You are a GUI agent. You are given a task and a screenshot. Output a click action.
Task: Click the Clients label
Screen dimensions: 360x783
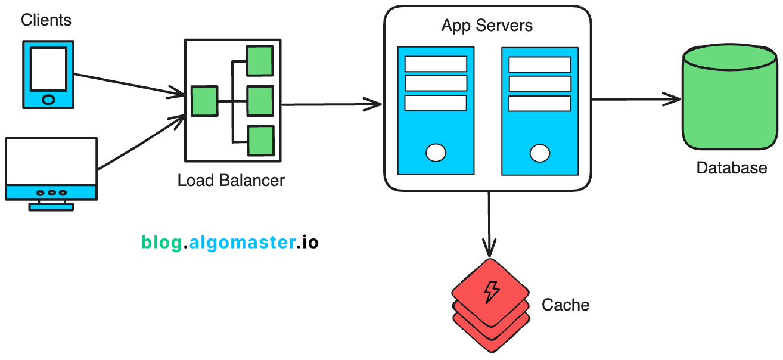coord(46,20)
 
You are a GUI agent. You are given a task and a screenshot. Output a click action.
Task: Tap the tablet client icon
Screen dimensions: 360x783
coord(48,75)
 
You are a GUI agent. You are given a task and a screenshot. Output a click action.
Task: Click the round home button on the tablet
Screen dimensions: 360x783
coord(48,99)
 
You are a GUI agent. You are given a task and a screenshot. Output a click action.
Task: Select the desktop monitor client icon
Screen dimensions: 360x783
coord(51,170)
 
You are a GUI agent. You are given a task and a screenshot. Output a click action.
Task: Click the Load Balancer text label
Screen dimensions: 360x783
coord(231,180)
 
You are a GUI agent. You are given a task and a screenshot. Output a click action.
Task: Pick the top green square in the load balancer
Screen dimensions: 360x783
coord(260,60)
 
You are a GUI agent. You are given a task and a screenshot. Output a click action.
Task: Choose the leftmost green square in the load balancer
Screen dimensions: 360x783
coord(204,101)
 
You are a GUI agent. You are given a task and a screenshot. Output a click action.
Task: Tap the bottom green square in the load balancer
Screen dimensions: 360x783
coord(260,140)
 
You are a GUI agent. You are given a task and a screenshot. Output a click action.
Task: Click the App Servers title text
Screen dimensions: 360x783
coord(487,26)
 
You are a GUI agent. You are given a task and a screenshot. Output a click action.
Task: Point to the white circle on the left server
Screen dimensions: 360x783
coord(436,153)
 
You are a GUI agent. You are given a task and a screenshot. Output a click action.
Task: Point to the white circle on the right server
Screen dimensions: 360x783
coord(539,153)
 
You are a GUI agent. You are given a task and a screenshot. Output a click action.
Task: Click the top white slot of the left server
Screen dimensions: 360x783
coord(436,64)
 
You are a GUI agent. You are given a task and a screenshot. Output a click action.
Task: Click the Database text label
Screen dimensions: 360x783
coord(731,168)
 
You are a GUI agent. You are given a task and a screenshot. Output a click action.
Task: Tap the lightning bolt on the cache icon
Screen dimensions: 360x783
coord(491,291)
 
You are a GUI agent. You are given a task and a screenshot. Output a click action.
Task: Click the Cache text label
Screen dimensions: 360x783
coord(565,305)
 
